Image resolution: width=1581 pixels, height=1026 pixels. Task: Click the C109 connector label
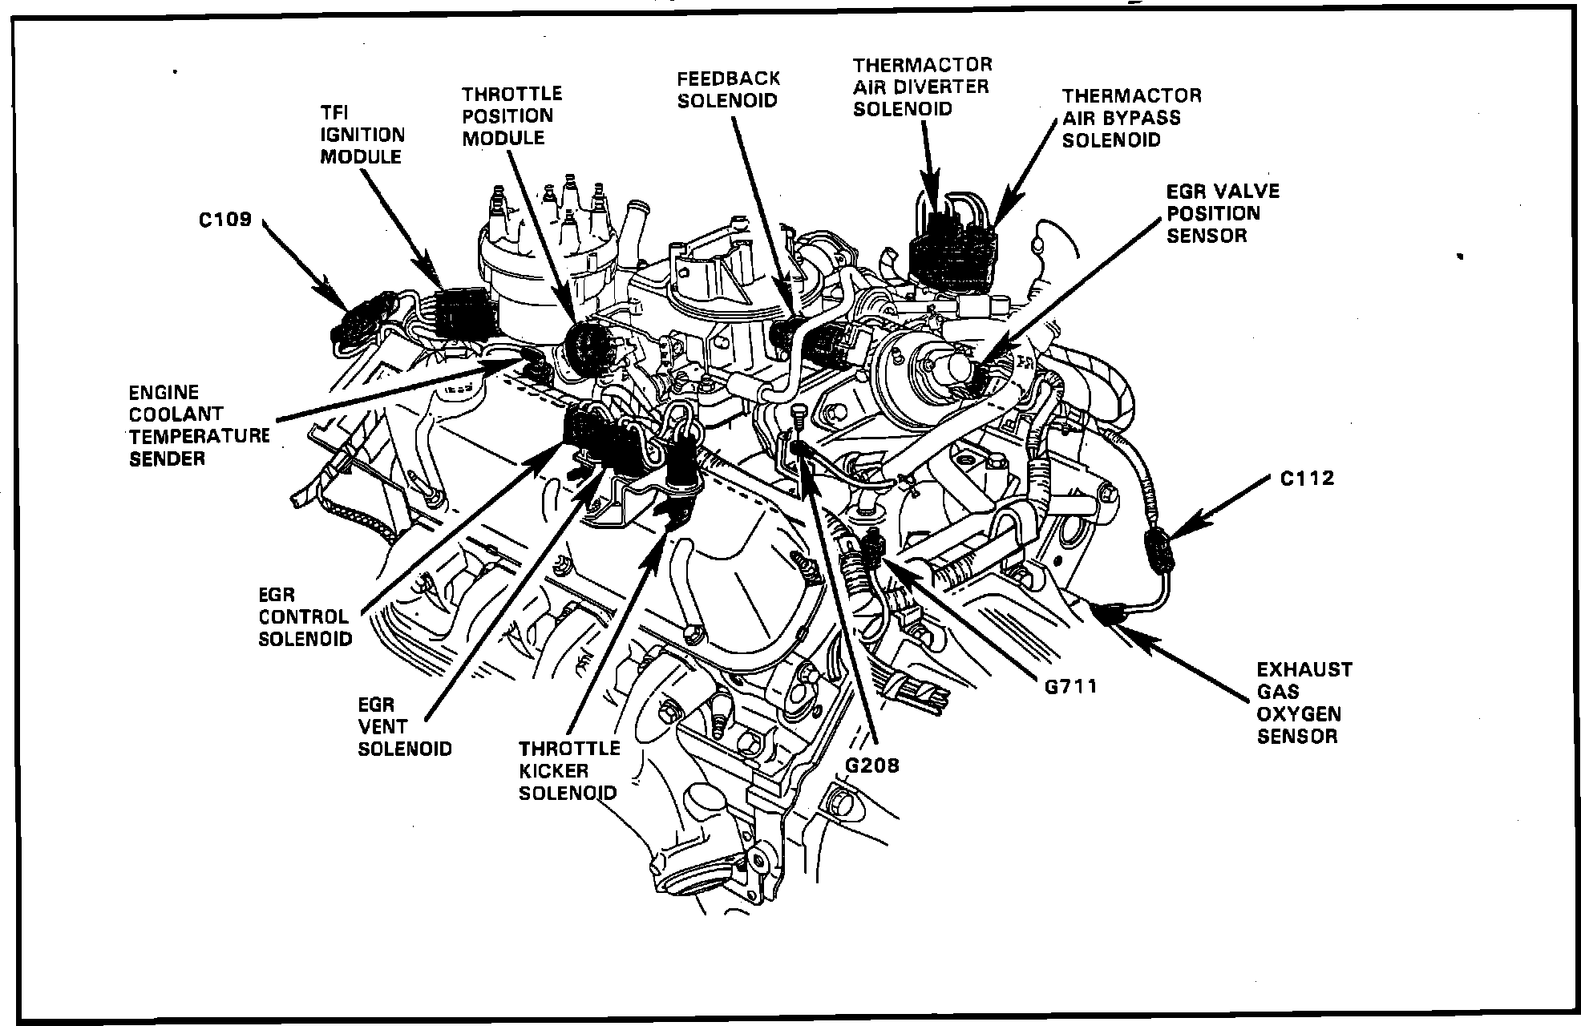pos(225,219)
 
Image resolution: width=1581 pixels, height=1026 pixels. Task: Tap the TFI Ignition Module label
pos(362,135)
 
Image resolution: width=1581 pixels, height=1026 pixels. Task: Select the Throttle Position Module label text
pos(511,116)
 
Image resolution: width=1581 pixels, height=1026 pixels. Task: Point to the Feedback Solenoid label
pos(728,90)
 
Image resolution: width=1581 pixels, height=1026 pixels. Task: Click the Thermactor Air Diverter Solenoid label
pos(922,87)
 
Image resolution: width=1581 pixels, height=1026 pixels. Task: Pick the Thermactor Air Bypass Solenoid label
pos(1131,118)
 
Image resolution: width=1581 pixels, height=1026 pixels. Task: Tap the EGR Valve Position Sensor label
pos(1223,213)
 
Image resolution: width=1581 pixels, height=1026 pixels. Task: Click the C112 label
pos(1307,479)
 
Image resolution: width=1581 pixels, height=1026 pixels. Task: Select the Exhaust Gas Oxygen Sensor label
pos(1304,702)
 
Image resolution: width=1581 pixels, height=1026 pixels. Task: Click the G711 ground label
pos(1070,686)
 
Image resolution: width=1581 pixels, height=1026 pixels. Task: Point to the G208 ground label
pos(872,765)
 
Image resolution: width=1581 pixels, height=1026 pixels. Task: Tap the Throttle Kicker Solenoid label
pos(569,770)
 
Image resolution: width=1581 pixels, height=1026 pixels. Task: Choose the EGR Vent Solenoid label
pos(405,726)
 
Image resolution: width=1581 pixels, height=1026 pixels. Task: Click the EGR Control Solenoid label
pos(305,616)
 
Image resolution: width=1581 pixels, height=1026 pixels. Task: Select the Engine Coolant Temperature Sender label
pos(199,426)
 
